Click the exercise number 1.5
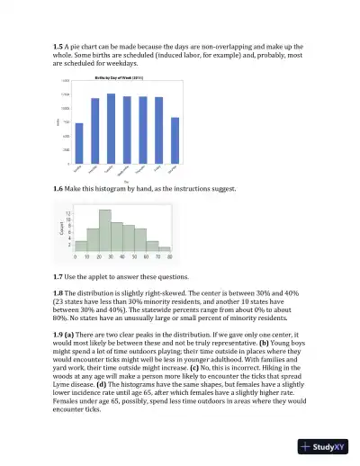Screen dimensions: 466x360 pyautogui.click(x=59, y=45)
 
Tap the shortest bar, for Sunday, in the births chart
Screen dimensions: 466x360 pyautogui.click(x=79, y=143)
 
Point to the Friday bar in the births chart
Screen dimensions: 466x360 pyautogui.click(x=158, y=130)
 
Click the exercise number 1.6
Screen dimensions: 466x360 pyautogui.click(x=59, y=189)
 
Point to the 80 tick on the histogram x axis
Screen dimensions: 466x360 pyautogui.click(x=170, y=256)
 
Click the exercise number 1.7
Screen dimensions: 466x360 pyautogui.click(x=59, y=273)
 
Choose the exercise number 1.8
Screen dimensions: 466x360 pyautogui.click(x=59, y=292)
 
